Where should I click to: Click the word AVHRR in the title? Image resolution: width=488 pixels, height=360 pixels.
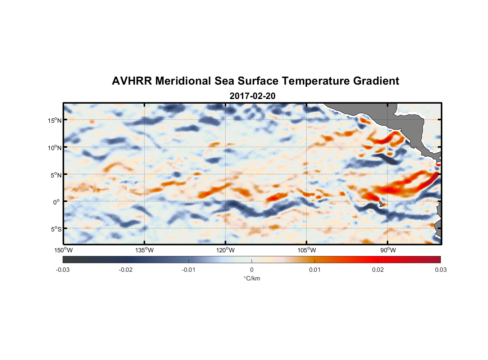coord(132,81)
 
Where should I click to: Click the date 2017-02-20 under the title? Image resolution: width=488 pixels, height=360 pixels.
coord(252,96)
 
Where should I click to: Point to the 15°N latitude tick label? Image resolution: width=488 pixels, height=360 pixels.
coord(54,120)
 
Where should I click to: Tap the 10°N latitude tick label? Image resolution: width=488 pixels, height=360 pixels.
coord(54,148)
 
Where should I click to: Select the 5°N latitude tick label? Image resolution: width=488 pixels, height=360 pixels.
coord(56,175)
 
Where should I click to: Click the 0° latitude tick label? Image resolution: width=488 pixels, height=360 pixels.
coord(57,202)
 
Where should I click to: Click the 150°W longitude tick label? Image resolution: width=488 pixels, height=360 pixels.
coord(63,250)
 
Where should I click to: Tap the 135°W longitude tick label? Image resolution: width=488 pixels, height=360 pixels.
coord(144,250)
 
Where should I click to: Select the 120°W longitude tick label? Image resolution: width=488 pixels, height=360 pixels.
coord(225,250)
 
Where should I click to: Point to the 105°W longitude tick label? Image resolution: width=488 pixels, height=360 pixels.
coord(307,250)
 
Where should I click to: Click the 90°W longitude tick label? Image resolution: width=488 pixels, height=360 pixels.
coord(388,250)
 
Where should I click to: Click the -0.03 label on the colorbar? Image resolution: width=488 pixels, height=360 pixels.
coord(63,270)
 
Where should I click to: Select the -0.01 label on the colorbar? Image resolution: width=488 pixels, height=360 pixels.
coord(189,270)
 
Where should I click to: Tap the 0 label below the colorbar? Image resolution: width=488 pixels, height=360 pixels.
coord(252,270)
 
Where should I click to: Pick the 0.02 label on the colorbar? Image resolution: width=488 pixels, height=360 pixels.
coord(378,270)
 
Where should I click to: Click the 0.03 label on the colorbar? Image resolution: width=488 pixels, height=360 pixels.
coord(440,270)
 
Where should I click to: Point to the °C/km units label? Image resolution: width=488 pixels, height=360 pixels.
coord(252,278)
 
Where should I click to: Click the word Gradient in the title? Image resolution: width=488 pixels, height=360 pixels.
coord(376,81)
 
